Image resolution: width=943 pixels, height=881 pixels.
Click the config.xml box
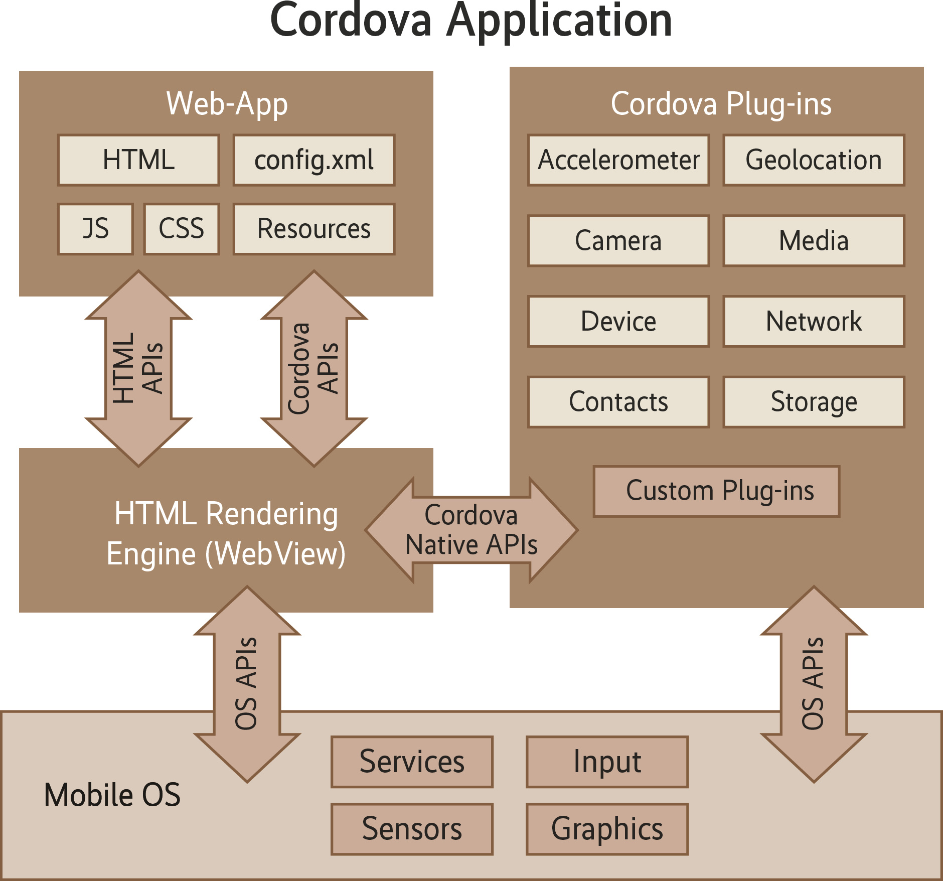coord(314,160)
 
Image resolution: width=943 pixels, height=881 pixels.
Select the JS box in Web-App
coord(95,229)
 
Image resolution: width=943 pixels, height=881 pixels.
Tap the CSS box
coord(181,229)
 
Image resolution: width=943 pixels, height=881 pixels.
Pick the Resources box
coord(314,229)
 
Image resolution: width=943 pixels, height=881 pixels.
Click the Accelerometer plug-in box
coord(618,160)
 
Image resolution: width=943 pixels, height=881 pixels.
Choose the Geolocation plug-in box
coord(814,160)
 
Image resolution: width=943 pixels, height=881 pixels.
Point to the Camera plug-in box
coord(618,241)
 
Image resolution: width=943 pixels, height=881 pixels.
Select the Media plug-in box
coord(814,241)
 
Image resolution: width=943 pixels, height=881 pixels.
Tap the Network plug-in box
coord(814,322)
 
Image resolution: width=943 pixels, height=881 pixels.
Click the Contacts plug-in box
coord(618,402)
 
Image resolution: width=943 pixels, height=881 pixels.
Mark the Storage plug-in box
coord(814,402)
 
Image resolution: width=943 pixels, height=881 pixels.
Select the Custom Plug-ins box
coord(716,491)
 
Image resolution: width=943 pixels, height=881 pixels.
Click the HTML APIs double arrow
coord(138,369)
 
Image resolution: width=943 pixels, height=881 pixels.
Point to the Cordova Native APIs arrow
coord(472,530)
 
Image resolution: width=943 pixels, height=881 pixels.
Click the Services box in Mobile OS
coord(412,762)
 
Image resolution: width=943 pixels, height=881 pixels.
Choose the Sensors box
coord(412,829)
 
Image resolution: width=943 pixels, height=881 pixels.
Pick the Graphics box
coord(607,829)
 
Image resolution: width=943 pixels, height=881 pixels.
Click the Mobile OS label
coord(112,795)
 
